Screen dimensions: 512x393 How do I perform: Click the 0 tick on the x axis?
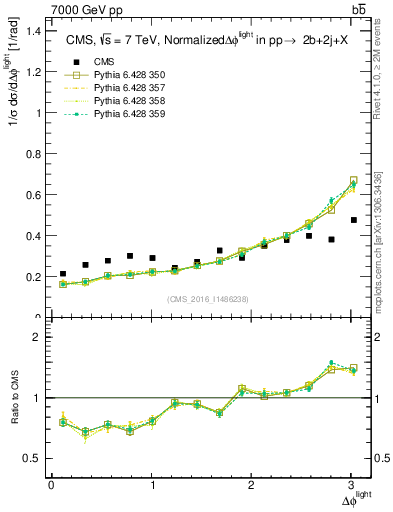(x=51, y=485)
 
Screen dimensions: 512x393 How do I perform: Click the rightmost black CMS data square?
(x=353, y=220)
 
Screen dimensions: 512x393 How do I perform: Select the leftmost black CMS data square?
(x=63, y=274)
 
